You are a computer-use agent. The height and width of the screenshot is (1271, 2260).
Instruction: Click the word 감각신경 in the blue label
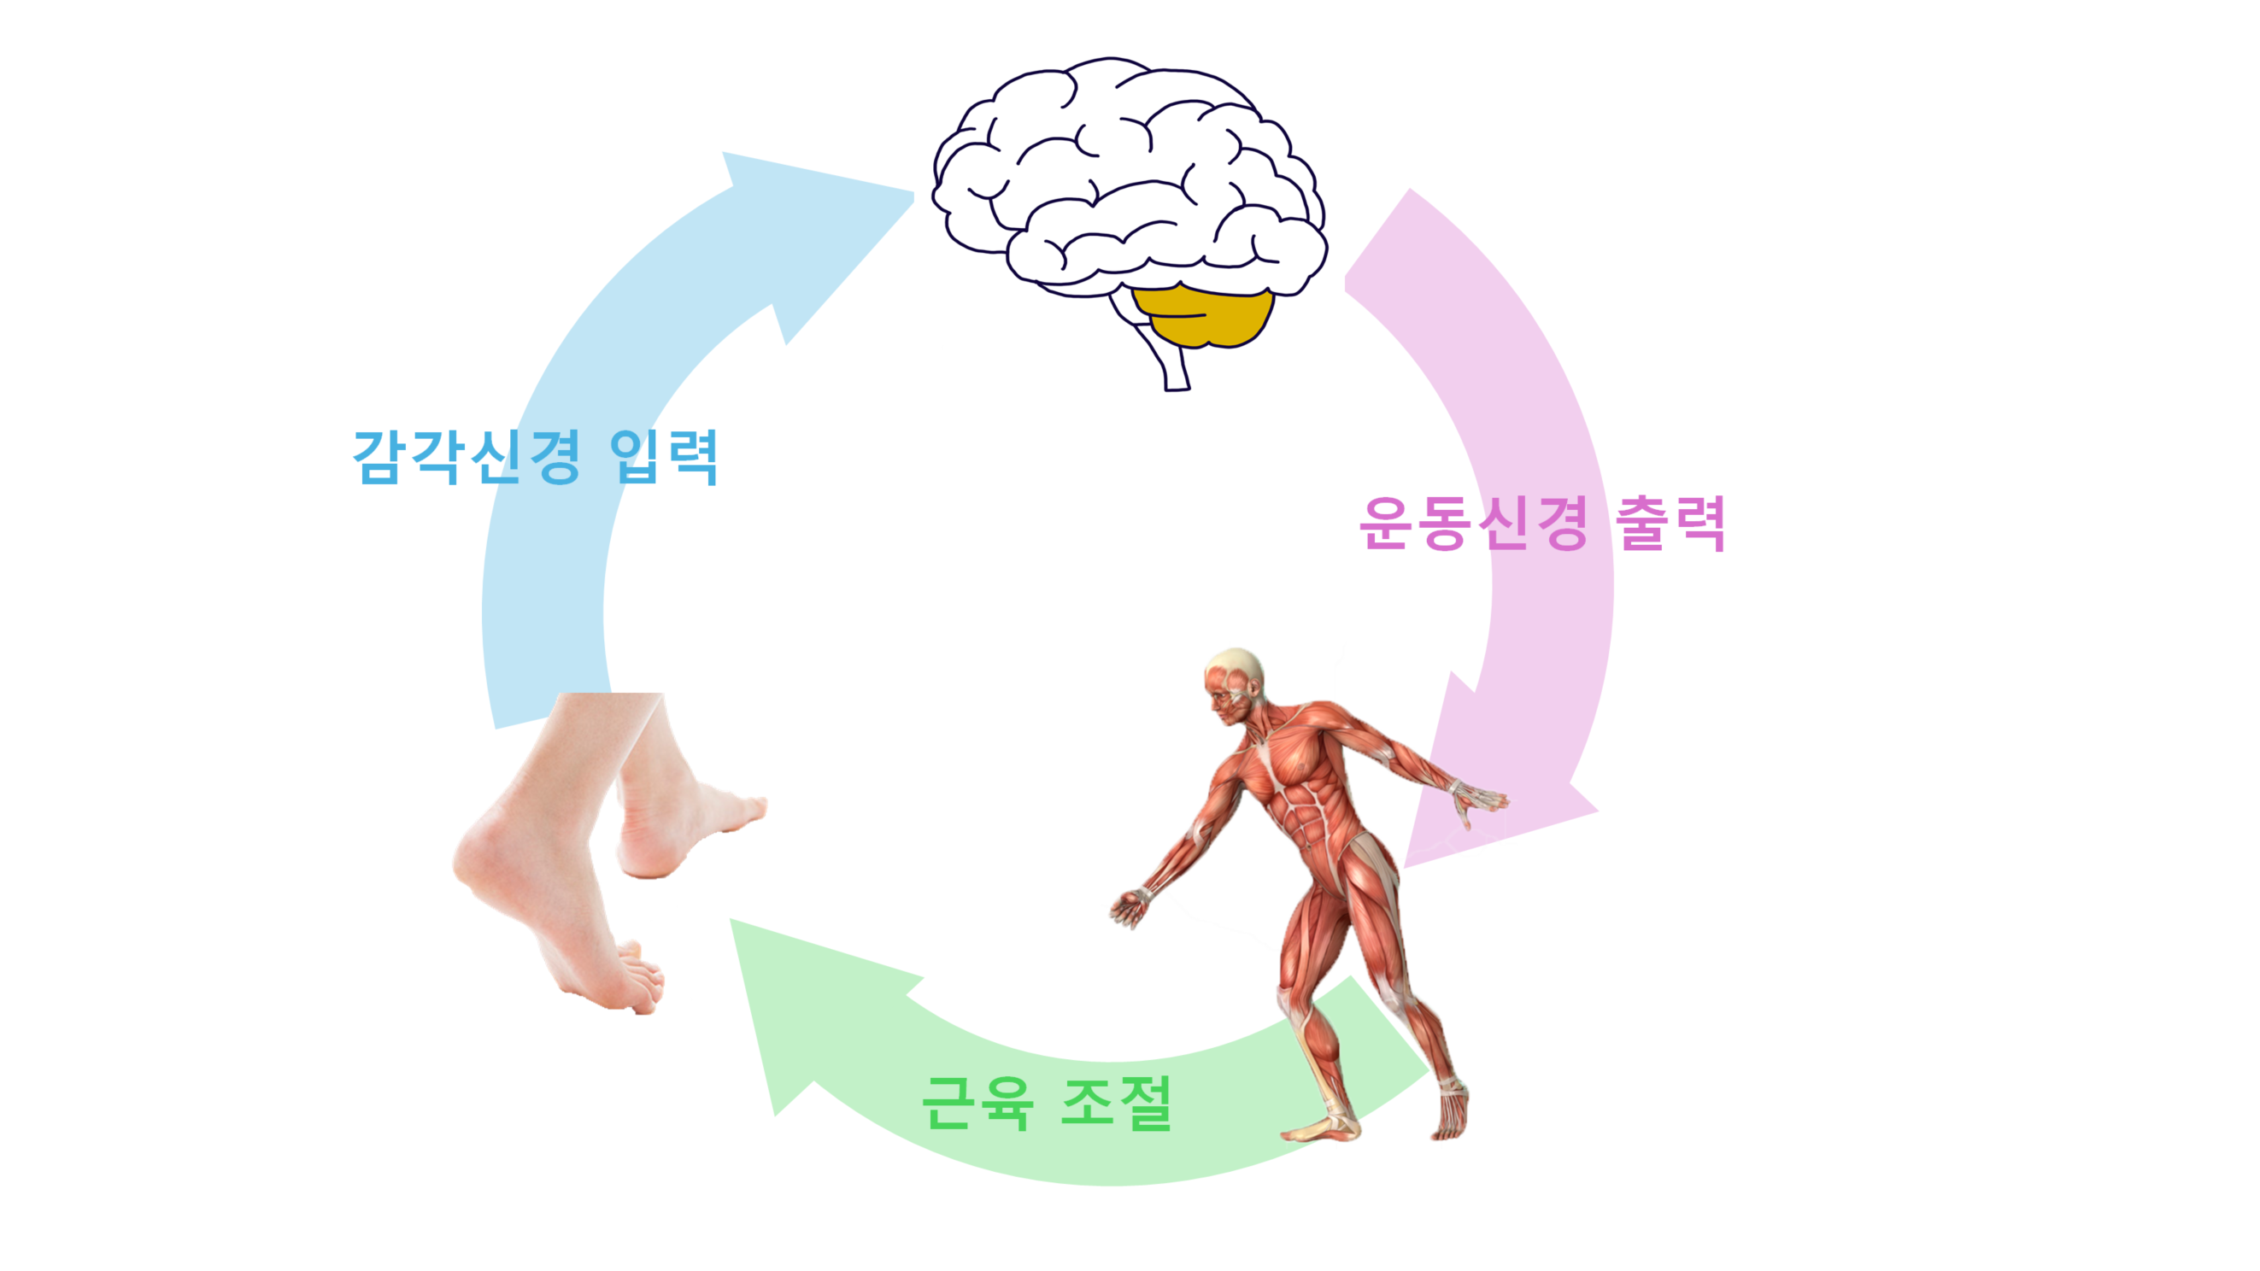(466, 456)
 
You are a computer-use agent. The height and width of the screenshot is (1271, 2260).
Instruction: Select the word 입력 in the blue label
(664, 456)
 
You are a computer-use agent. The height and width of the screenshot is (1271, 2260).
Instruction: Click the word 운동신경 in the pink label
(1474, 524)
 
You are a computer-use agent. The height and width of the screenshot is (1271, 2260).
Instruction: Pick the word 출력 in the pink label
(1671, 524)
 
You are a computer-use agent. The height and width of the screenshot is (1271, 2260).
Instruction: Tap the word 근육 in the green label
(977, 1103)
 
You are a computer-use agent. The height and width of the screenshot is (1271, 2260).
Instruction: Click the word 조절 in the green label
(1117, 1103)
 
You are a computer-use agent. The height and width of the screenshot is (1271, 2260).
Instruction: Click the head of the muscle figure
(1233, 684)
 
